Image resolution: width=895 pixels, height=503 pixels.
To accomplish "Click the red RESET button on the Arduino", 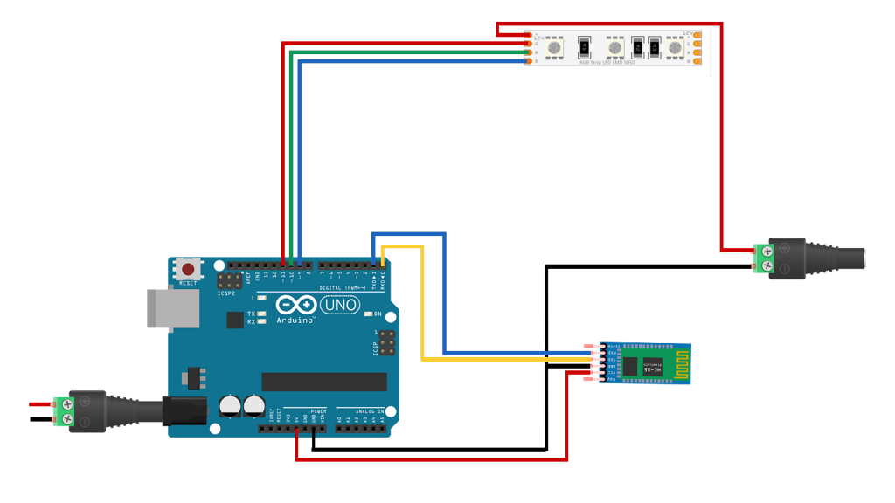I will pyautogui.click(x=188, y=269).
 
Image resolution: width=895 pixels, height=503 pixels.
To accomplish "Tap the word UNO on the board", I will pyautogui.click(x=340, y=305).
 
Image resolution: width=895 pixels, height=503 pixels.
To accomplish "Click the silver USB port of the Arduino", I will pyautogui.click(x=161, y=308).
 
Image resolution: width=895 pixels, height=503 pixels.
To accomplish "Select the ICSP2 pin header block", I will pyautogui.click(x=230, y=281).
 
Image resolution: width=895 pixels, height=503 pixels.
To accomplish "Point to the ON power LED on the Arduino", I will pyautogui.click(x=368, y=314).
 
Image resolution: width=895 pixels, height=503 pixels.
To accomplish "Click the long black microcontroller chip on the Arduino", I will pyautogui.click(x=324, y=382).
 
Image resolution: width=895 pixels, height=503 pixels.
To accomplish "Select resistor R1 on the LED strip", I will pyautogui.click(x=584, y=47).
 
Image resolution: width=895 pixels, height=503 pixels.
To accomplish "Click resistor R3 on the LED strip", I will pyautogui.click(x=653, y=47).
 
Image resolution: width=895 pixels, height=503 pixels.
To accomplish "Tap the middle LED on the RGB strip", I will pyautogui.click(x=614, y=47).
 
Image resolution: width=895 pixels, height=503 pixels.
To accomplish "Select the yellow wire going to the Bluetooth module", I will pyautogui.click(x=423, y=306).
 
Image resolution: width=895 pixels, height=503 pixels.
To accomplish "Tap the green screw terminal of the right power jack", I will pyautogui.click(x=761, y=258).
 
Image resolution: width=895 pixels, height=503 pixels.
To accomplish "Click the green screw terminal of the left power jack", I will pyautogui.click(x=62, y=411).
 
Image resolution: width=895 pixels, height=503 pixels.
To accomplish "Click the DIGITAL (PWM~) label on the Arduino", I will pyautogui.click(x=343, y=287).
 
